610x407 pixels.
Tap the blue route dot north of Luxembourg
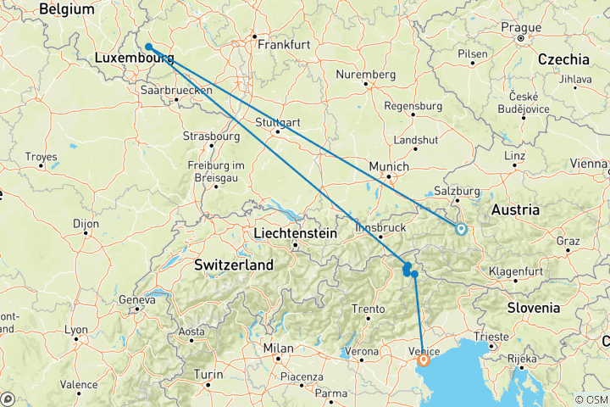coord(148,47)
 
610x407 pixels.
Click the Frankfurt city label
coord(284,44)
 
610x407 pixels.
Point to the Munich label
coord(389,167)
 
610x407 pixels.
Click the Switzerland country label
coord(234,265)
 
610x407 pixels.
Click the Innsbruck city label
coord(381,228)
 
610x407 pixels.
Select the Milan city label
coord(278,348)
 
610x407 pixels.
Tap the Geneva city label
coord(137,299)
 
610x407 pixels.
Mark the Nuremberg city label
coord(366,75)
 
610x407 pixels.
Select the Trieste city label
coord(492,337)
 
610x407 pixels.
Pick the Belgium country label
coord(65,8)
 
